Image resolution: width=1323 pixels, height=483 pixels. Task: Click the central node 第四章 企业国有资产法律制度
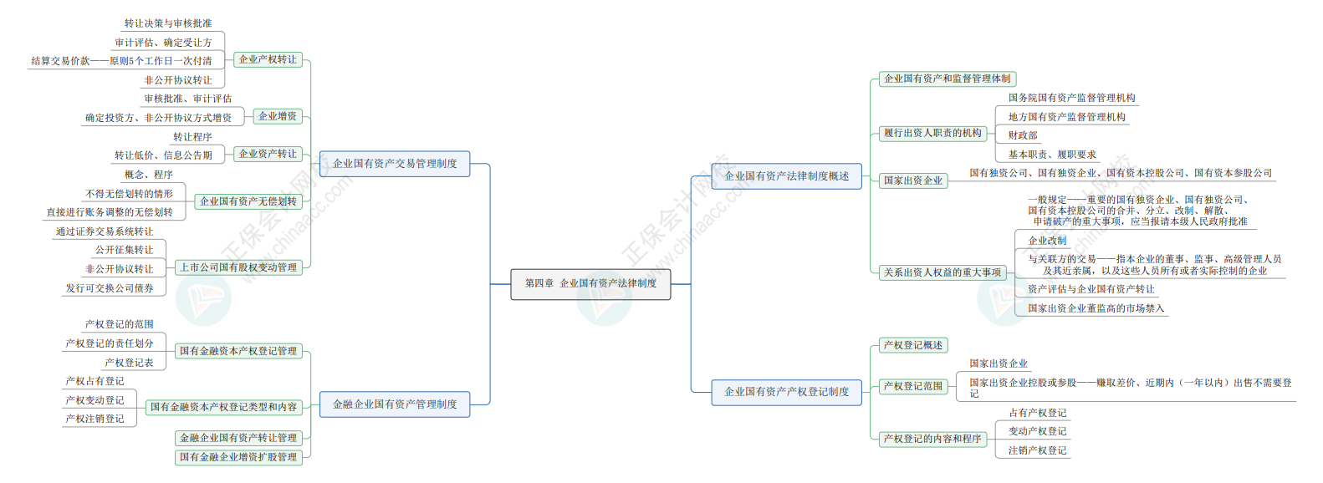(x=590, y=284)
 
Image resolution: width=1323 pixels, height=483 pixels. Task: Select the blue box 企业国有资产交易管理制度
(x=395, y=164)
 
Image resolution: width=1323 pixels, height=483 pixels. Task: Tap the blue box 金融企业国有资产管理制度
(x=395, y=404)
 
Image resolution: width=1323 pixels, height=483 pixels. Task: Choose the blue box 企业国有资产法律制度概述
(x=787, y=176)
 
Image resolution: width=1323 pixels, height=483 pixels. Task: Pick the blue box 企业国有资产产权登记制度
(x=787, y=392)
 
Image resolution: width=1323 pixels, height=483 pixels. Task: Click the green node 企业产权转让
(x=268, y=59)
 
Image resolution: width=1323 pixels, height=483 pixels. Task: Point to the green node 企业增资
(x=278, y=116)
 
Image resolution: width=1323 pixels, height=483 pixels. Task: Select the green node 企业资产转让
(x=268, y=154)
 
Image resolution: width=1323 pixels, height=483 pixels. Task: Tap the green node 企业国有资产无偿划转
(x=248, y=201)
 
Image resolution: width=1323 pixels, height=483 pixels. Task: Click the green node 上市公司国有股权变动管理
(x=238, y=267)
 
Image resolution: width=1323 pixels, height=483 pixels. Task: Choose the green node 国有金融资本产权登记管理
(x=238, y=351)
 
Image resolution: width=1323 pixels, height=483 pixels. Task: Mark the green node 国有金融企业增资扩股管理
(x=238, y=457)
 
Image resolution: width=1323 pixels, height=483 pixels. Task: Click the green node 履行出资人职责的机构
(x=932, y=134)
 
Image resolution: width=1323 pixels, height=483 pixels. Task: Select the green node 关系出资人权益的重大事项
(x=942, y=272)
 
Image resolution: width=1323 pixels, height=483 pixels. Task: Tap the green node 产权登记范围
(x=913, y=386)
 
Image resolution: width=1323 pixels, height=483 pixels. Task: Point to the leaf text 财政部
(x=1023, y=135)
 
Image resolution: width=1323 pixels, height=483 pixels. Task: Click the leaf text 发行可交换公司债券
(x=110, y=288)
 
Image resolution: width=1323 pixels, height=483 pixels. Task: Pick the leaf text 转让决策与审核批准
(x=168, y=23)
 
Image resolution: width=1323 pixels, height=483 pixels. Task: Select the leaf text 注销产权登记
(x=1038, y=450)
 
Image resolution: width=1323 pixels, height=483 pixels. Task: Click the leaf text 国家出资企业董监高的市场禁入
(x=1096, y=308)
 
